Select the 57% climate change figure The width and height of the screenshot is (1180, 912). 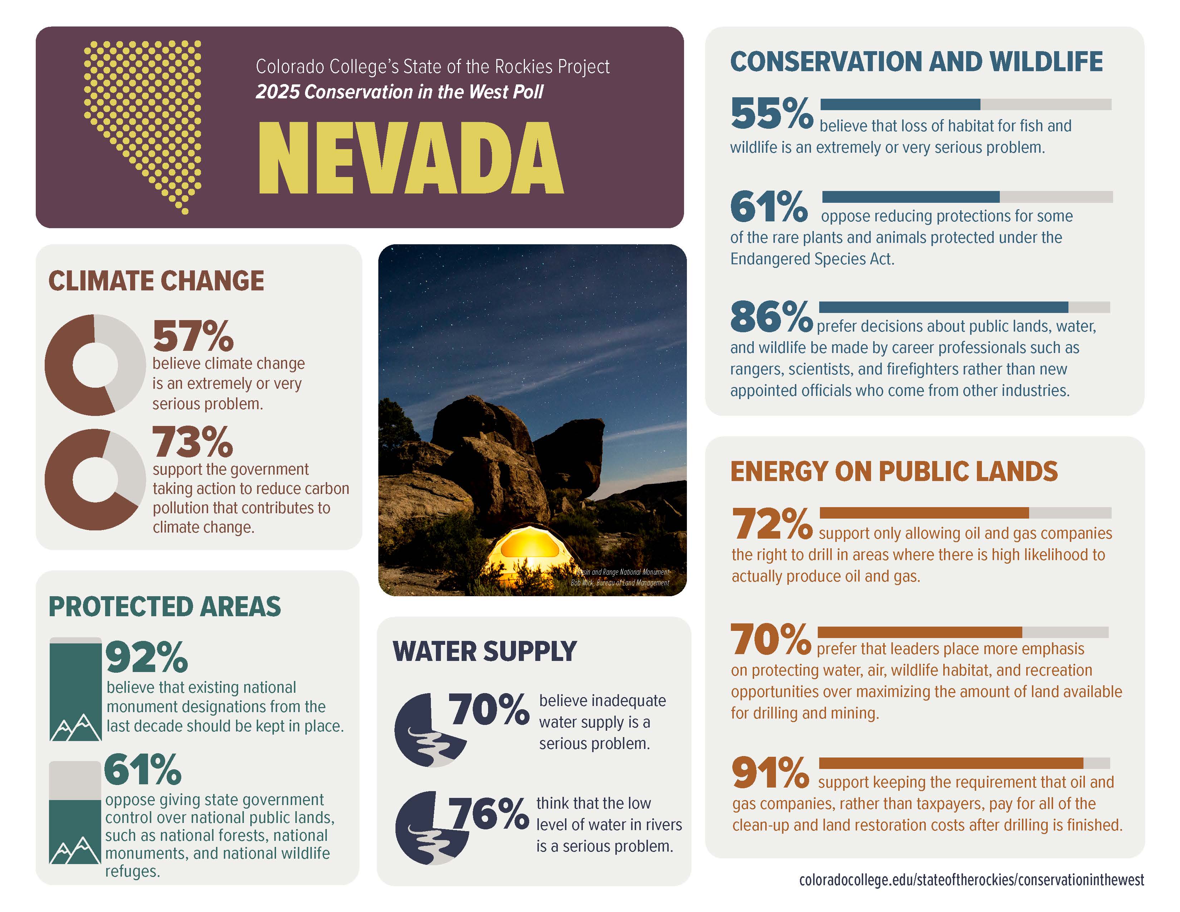pyautogui.click(x=193, y=336)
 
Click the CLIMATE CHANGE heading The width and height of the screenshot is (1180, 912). pyautogui.click(x=156, y=281)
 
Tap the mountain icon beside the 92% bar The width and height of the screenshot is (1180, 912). pyautogui.click(x=76, y=727)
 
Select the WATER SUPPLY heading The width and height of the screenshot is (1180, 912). pyautogui.click(x=485, y=651)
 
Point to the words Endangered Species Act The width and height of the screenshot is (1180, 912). pyautogui.click(x=812, y=259)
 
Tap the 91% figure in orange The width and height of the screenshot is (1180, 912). pyautogui.click(x=770, y=773)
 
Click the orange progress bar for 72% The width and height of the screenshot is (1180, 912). pyautogui.click(x=924, y=513)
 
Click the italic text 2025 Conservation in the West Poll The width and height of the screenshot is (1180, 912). pyautogui.click(x=399, y=92)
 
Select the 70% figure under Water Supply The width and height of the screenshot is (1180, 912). pyautogui.click(x=488, y=710)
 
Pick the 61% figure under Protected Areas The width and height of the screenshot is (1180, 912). pyautogui.click(x=143, y=770)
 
